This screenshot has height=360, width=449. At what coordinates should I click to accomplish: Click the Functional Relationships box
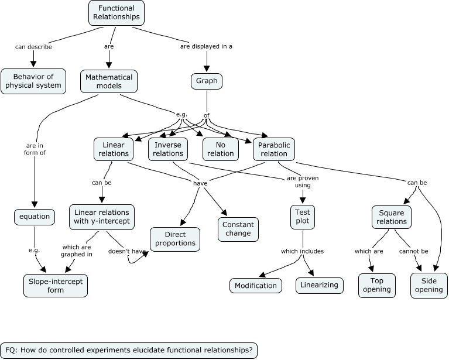tap(116, 12)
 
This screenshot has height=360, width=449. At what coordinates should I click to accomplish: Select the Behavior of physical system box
tap(33, 81)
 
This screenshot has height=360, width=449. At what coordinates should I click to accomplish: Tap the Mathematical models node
tap(108, 81)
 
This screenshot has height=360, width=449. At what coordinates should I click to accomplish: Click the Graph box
tap(207, 81)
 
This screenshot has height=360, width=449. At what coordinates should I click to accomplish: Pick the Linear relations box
tap(113, 149)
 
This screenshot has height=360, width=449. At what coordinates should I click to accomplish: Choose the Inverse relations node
tap(168, 149)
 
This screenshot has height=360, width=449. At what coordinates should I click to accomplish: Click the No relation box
tap(221, 149)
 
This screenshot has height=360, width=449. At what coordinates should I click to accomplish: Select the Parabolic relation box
tap(275, 149)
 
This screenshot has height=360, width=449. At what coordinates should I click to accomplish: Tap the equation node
tap(35, 217)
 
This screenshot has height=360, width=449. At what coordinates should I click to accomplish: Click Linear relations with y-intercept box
tap(102, 217)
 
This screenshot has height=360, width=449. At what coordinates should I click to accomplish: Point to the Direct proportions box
tap(175, 238)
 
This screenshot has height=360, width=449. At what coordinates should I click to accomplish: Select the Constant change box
tap(238, 229)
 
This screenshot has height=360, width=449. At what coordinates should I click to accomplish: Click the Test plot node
tap(303, 217)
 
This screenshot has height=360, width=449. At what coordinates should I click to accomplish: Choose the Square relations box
tap(392, 217)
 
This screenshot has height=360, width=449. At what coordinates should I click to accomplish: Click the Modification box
tap(255, 285)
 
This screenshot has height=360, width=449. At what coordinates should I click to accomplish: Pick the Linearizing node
tap(319, 285)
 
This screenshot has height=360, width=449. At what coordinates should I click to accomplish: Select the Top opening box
tap(376, 285)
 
